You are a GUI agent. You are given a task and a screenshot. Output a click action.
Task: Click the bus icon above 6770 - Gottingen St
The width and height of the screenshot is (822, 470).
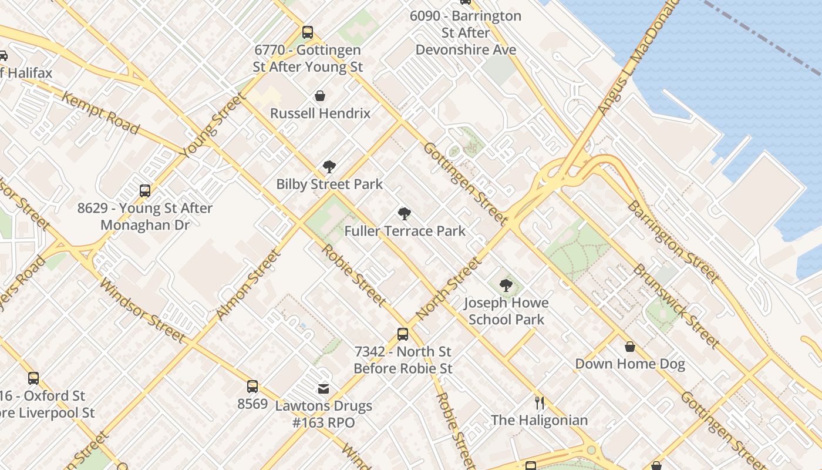pos(308,32)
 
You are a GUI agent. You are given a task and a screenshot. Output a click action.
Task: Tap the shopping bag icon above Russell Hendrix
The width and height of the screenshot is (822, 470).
pos(320,95)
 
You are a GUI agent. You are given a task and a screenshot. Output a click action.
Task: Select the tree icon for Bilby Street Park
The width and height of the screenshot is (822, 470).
pos(329,167)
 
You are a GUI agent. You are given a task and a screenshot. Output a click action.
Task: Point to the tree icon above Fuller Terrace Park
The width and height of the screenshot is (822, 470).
pos(404,214)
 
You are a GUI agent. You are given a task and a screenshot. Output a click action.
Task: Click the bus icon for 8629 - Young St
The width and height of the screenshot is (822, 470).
pos(145,191)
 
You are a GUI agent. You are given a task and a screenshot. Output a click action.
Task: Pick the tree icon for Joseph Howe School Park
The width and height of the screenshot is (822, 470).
pos(506,286)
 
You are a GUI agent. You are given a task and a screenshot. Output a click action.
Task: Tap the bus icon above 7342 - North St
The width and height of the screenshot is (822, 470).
pos(403,334)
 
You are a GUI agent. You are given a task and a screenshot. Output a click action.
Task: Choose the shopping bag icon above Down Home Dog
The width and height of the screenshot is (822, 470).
pos(630,347)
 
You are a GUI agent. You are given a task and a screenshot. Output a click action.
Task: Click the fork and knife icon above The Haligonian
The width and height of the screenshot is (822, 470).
pos(540,403)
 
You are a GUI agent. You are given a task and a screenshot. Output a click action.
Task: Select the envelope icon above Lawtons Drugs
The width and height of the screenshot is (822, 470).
pos(323,388)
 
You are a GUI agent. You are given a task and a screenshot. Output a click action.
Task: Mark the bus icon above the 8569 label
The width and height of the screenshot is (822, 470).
pos(252,387)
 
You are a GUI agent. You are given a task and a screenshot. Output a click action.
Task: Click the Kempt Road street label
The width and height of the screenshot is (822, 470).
pos(100,113)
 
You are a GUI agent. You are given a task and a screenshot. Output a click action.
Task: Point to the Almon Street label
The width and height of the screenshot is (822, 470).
pos(247,285)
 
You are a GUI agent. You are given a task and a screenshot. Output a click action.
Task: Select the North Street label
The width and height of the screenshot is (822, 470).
pos(447,290)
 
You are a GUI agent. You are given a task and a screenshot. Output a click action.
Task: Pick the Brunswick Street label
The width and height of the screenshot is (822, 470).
pos(676,305)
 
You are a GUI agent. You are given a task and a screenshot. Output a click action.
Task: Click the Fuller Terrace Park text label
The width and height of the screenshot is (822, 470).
pos(405,231)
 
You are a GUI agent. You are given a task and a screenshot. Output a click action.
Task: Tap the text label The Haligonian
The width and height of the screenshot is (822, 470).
pos(540,420)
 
